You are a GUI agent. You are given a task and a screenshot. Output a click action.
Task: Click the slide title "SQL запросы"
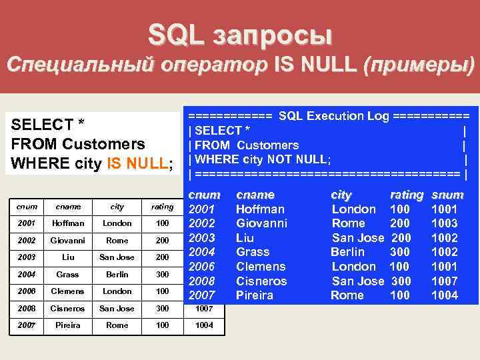click(x=239, y=34)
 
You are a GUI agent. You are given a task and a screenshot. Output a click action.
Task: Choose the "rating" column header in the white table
click(x=162, y=207)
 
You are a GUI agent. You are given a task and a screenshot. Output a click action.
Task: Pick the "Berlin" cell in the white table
click(x=116, y=274)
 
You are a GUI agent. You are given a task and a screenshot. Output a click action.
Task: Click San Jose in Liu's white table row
click(x=116, y=257)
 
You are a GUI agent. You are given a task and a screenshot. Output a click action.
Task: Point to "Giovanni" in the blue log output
click(x=261, y=223)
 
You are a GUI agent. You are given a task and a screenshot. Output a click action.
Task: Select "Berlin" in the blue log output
click(x=347, y=252)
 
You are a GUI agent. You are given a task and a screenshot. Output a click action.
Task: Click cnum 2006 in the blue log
click(x=203, y=267)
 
